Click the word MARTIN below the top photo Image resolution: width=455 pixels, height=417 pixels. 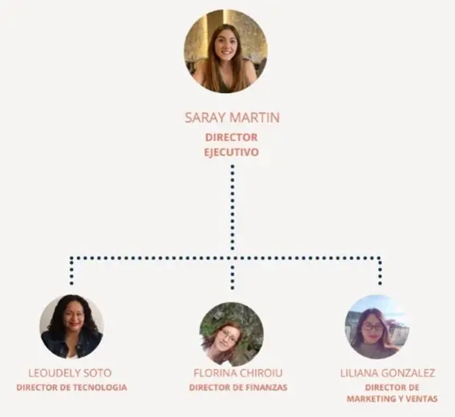pyautogui.click(x=254, y=117)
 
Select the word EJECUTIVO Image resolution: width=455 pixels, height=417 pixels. pyautogui.click(x=231, y=152)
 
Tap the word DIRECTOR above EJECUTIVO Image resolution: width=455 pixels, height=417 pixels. pyautogui.click(x=231, y=137)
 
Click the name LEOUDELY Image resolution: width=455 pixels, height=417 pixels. pyautogui.click(x=51, y=373)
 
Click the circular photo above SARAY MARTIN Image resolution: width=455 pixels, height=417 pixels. pyautogui.click(x=225, y=51)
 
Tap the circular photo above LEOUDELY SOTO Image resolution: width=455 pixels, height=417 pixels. pyautogui.click(x=71, y=327)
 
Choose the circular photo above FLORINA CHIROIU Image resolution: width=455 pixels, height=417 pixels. pyautogui.click(x=232, y=334)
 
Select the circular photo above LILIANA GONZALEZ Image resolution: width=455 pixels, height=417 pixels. pyautogui.click(x=376, y=327)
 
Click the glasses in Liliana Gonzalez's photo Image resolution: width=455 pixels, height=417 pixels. pyautogui.click(x=372, y=327)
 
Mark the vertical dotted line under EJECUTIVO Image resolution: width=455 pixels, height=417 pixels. pyautogui.click(x=233, y=208)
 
